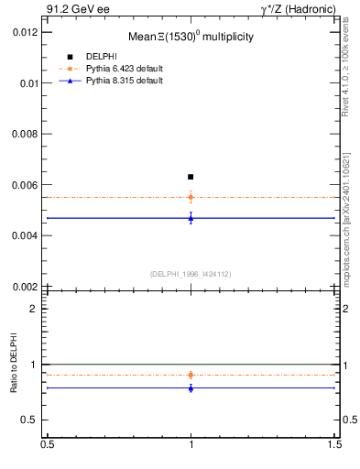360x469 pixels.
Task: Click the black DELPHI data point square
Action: (x=191, y=176)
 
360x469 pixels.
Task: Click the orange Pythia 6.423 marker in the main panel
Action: (x=191, y=197)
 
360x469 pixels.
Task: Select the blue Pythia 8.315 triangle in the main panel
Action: (x=191, y=217)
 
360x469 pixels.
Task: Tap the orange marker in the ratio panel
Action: (x=191, y=375)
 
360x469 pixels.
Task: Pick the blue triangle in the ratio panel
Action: (x=191, y=387)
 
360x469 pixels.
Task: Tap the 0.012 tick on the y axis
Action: (x=25, y=32)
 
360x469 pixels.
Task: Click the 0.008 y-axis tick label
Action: (x=25, y=134)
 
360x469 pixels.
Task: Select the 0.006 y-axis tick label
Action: (x=25, y=184)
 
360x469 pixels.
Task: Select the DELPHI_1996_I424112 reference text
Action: (x=191, y=274)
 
